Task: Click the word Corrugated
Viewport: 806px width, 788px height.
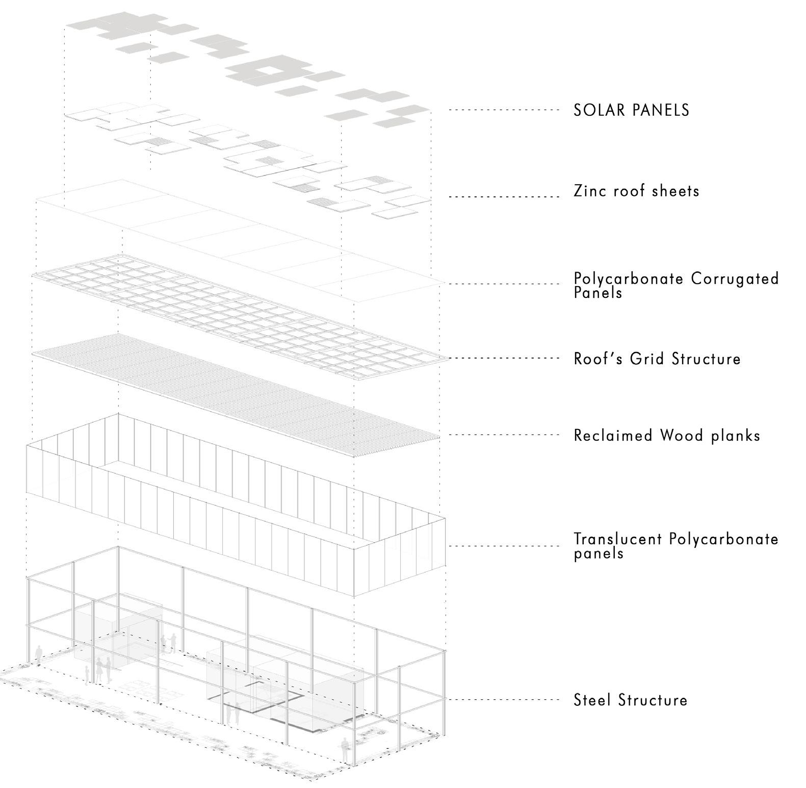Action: point(735,279)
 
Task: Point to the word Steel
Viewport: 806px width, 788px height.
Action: point(592,700)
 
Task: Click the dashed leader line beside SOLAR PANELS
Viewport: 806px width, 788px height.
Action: point(504,110)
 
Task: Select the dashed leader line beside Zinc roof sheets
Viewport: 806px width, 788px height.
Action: point(504,196)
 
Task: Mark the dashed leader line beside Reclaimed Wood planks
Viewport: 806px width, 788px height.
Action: point(504,435)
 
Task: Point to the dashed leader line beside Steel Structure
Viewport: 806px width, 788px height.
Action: point(504,699)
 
